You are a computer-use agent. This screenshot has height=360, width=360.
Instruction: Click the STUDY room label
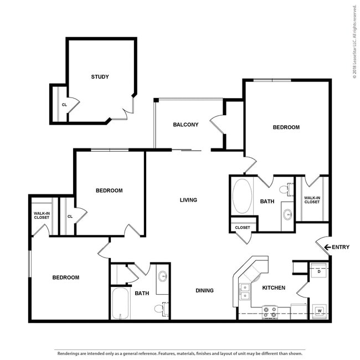100,76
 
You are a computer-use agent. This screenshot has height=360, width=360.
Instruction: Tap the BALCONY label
186,125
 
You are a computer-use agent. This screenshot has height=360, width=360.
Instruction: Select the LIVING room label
188,200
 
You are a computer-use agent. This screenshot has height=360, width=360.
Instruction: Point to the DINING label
204,291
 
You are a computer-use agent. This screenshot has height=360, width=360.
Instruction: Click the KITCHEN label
274,288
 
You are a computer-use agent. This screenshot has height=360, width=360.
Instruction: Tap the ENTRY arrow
327,247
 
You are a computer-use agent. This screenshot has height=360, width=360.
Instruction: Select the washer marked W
320,311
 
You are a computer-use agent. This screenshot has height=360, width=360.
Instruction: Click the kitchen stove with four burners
270,312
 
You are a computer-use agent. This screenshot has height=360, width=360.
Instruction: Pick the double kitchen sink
245,291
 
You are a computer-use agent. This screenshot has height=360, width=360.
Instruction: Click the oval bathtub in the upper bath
242,197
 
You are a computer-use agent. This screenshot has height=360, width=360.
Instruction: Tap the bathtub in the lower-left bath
120,304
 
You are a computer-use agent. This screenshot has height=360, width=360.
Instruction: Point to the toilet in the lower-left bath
161,309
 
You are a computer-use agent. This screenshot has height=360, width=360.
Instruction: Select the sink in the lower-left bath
163,276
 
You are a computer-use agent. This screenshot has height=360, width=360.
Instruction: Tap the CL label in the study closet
64,105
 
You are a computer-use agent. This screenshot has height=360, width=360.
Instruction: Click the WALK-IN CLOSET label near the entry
312,200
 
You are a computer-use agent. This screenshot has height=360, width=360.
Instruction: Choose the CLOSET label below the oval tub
243,228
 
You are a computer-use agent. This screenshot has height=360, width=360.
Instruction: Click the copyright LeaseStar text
354,42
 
